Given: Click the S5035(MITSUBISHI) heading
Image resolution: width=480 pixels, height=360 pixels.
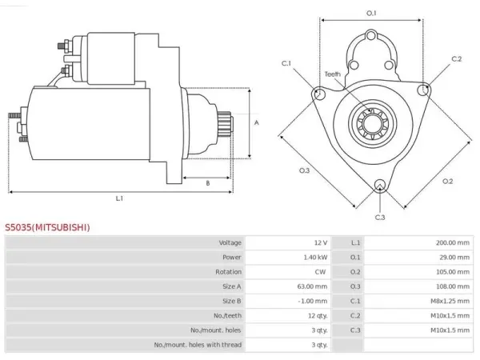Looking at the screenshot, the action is point(47,227).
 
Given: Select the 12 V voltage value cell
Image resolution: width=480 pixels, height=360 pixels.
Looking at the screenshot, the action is point(321,242).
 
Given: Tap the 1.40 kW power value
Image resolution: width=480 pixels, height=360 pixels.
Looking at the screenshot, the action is point(315,257).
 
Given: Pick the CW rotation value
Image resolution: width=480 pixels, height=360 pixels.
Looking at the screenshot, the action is point(320,272).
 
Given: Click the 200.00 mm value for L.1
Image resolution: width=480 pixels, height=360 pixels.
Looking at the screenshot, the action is point(453,242).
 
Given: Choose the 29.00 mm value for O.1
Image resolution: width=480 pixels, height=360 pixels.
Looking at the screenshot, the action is point(454,257).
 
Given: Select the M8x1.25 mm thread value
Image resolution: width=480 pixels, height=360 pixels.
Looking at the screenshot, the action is point(450,301).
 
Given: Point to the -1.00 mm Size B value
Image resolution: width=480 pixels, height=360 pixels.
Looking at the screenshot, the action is point(313,301).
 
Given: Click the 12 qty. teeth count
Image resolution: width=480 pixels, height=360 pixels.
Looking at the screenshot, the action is point(318,316).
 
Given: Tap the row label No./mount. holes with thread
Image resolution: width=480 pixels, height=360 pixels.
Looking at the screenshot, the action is point(198,345).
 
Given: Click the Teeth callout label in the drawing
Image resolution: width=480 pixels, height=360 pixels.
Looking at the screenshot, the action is point(333,74).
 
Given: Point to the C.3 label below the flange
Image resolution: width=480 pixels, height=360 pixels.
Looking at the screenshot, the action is point(379,217).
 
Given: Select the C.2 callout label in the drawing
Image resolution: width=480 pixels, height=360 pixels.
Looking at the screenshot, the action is point(457,58).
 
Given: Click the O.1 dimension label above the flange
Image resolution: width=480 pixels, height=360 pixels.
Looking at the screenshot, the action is point(371,13).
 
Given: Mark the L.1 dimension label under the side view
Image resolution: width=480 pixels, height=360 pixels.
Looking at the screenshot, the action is point(119,198).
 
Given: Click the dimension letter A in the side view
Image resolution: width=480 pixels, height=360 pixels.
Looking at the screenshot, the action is point(257,122).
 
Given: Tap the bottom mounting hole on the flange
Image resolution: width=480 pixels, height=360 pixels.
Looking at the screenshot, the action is point(379,185).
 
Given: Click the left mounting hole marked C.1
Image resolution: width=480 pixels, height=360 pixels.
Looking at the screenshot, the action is point(319,94).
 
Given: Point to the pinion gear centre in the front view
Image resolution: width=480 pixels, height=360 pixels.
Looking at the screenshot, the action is point(372,124).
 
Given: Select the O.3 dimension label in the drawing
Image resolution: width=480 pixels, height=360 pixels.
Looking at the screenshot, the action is point(304,170).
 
